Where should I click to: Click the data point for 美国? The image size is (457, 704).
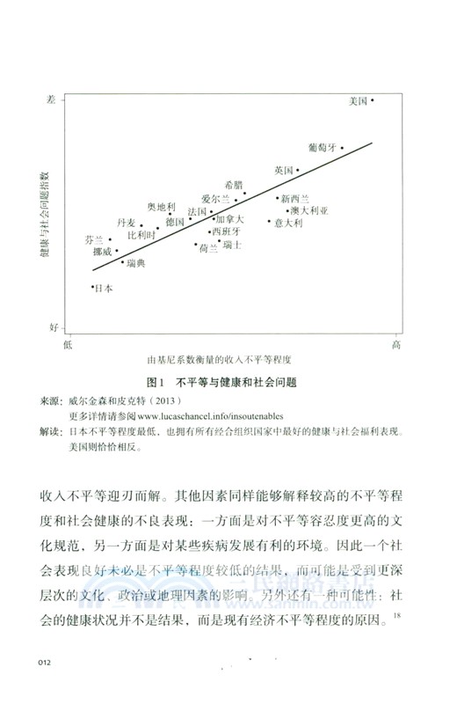coord(373,101)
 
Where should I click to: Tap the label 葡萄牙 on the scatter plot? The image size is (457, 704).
coord(323,148)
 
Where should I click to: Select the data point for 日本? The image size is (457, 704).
coord(93,286)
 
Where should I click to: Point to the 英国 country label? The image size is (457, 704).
coord(283,170)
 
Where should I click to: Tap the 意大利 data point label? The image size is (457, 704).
coord(288,224)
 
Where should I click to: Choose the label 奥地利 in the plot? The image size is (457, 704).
coord(161,207)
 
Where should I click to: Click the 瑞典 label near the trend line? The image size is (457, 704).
coord(135,263)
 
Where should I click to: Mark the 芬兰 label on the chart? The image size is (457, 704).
coord(94,239)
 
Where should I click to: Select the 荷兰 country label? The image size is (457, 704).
coord(208,249)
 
